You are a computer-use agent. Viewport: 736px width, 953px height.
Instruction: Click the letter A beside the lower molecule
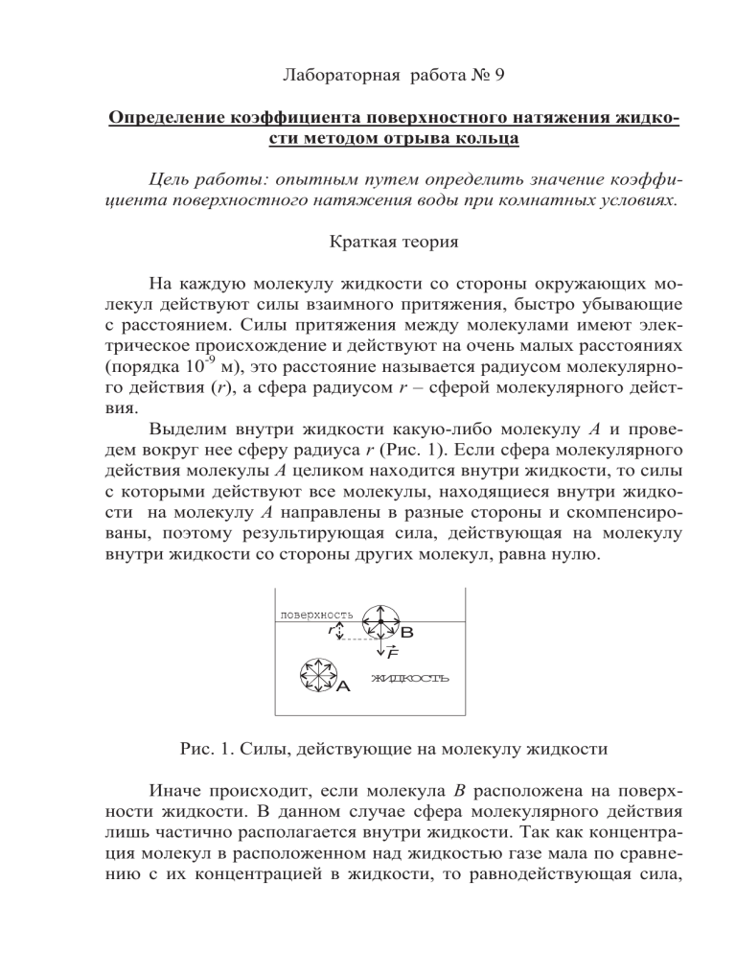[343, 686]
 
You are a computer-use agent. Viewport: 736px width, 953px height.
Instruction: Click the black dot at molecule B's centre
[380, 622]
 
